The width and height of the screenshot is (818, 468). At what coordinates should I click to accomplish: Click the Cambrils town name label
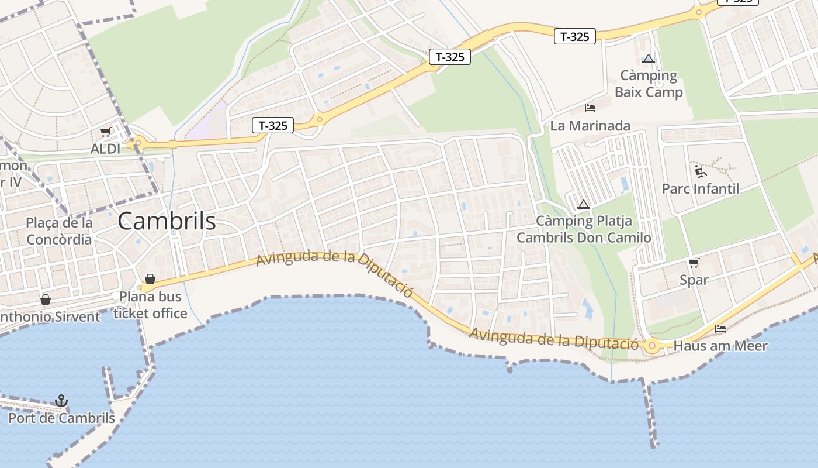coord(167,221)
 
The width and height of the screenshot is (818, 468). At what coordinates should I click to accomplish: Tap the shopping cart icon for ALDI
coord(105,132)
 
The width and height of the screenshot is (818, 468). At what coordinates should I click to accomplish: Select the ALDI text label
coord(105,149)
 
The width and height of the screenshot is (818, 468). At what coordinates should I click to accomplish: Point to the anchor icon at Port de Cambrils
coord(61,401)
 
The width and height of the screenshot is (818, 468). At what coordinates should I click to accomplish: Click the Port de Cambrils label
coord(61,418)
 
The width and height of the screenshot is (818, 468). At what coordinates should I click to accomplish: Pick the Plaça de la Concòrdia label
coord(59,231)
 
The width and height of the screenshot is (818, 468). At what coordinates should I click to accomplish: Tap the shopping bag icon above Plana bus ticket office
coord(150,278)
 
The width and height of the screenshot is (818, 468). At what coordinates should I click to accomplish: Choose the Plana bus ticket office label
coord(150,305)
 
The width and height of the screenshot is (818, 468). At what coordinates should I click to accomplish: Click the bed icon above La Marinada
coord(590,108)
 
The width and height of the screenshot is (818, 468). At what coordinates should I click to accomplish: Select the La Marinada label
coord(590,126)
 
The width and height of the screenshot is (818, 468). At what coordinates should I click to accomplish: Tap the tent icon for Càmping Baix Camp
coord(648,58)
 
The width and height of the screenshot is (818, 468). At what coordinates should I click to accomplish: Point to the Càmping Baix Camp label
coord(649,84)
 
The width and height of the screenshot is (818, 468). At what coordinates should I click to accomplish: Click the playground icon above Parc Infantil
coord(701,171)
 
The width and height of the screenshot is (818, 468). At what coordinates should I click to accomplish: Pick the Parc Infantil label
coord(701,189)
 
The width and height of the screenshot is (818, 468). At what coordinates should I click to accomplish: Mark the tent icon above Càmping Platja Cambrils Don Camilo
coord(583,204)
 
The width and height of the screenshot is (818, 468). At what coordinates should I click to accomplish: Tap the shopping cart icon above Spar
coord(694,263)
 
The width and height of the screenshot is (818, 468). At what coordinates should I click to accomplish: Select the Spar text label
coord(694,280)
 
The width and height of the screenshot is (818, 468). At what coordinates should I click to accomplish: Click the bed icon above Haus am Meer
coord(720,329)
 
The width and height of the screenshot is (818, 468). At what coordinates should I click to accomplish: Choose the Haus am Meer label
coord(720,346)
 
